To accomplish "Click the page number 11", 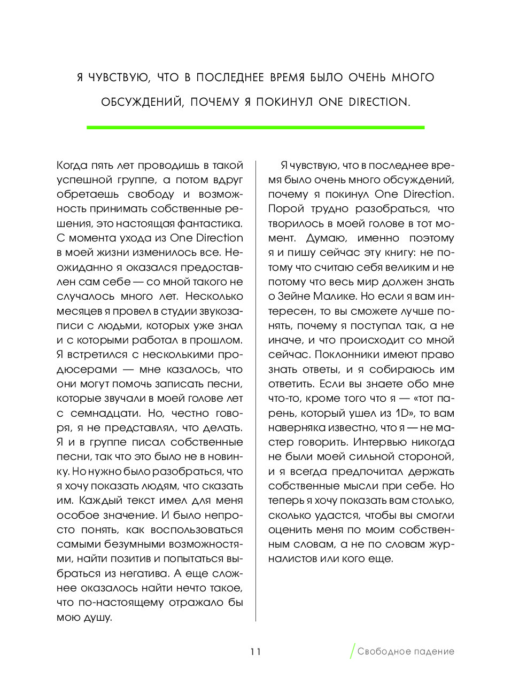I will click(255, 651).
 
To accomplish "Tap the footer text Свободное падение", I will click(406, 651).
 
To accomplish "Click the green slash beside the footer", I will click(352, 651).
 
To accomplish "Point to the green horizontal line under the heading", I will click(255, 128).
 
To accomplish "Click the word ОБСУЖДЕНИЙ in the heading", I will click(142, 102).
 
